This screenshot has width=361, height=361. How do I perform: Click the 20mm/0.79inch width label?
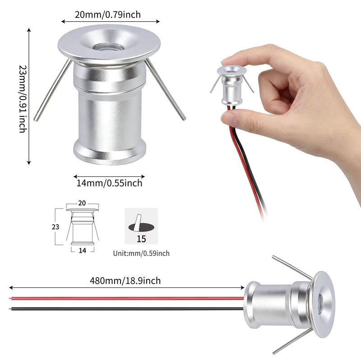(x=108, y=15)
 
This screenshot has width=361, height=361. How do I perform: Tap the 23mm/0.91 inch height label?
(x=23, y=99)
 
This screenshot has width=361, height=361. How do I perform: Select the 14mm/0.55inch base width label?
(x=109, y=183)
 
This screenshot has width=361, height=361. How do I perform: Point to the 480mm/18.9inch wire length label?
(x=125, y=281)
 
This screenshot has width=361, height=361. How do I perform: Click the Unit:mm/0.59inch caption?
(x=141, y=254)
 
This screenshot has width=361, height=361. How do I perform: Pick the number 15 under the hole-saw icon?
(x=141, y=239)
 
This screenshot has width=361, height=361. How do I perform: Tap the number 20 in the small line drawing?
(x=82, y=203)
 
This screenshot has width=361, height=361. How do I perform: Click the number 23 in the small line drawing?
(x=56, y=227)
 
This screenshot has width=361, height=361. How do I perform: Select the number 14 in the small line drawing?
(x=83, y=250)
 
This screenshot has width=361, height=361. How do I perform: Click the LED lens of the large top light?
(x=108, y=47)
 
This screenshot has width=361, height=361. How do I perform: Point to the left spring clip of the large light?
(x=53, y=90)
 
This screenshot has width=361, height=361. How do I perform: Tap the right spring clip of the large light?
(x=165, y=89)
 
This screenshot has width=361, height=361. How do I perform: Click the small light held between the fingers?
(x=231, y=85)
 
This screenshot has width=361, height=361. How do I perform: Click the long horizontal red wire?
(x=127, y=298)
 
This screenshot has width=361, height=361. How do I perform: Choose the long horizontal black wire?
(x=127, y=309)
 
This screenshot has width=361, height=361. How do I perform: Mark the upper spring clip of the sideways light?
(x=292, y=268)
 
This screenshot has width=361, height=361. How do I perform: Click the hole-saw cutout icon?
(x=141, y=226)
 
